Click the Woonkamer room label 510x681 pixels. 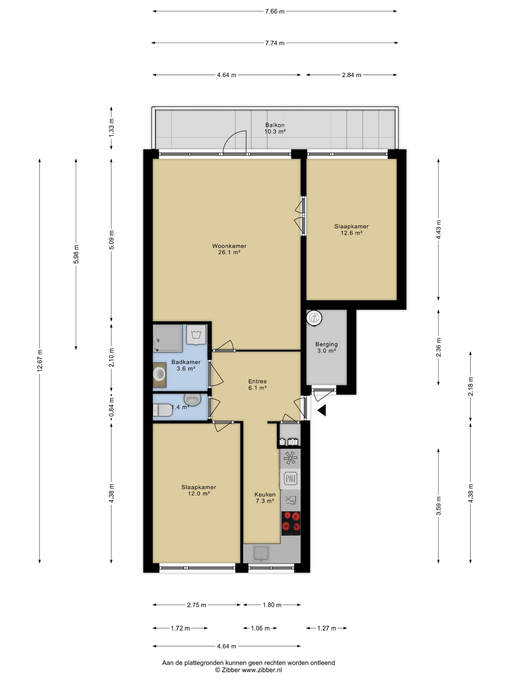pyautogui.click(x=229, y=246)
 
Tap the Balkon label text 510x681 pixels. pyautogui.click(x=275, y=125)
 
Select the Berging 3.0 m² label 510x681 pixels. pyautogui.click(x=326, y=347)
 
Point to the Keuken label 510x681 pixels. pyautogui.click(x=265, y=494)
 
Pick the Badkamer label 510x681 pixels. pyautogui.click(x=186, y=362)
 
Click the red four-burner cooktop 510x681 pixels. pyautogui.click(x=290, y=523)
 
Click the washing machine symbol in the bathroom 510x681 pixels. pyautogui.click(x=196, y=334)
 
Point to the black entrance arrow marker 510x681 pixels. pyautogui.click(x=322, y=410)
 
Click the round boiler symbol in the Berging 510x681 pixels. pyautogui.click(x=314, y=317)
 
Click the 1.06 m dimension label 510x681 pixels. pyautogui.click(x=260, y=628)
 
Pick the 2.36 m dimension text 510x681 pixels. pyautogui.click(x=438, y=347)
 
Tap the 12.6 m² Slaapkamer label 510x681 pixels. pyautogui.click(x=351, y=229)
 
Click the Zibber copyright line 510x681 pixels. pyautogui.click(x=248, y=670)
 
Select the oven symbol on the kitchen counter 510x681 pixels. pyautogui.click(x=290, y=478)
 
